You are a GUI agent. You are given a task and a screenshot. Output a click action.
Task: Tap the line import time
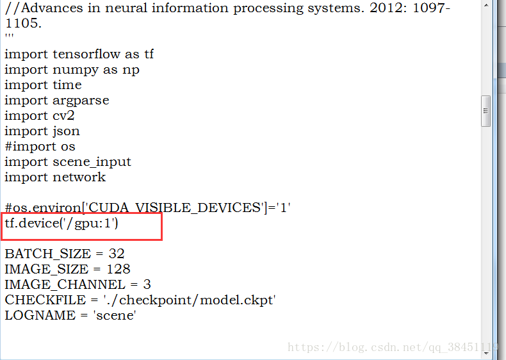[43, 85]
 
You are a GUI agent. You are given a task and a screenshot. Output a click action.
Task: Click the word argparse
[81, 101]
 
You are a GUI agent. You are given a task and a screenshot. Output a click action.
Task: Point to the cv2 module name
[65, 116]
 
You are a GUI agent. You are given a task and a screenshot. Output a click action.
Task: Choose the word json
[66, 131]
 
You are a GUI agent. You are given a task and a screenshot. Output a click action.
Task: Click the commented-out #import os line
[40, 147]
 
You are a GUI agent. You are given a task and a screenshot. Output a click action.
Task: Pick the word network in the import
[79, 177]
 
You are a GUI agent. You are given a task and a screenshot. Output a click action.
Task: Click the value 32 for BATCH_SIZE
[116, 254]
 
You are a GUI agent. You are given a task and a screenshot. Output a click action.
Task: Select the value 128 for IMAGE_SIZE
[118, 270]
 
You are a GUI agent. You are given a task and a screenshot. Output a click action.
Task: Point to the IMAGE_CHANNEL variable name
[65, 285]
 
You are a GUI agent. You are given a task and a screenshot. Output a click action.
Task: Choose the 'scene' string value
[117, 316]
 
